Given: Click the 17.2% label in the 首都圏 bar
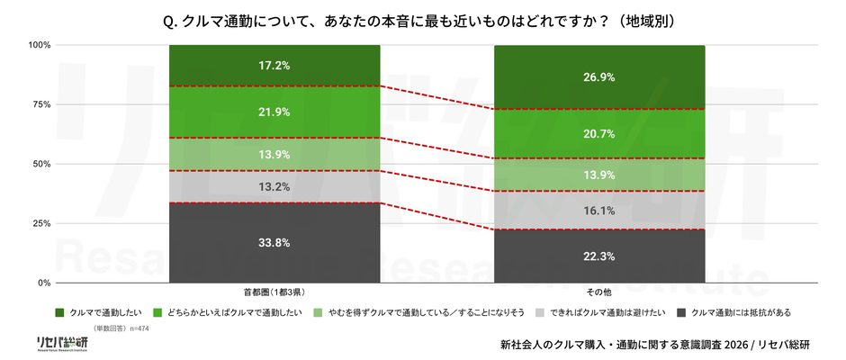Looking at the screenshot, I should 274,66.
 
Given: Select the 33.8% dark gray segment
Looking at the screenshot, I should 274,243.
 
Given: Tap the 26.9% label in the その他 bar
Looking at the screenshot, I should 599,77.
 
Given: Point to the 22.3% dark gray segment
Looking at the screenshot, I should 599,256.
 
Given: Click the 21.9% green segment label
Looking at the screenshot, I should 274,112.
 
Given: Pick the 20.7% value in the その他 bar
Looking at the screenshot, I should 599,133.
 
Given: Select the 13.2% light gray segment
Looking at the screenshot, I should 274,187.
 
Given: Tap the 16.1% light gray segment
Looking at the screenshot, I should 599,211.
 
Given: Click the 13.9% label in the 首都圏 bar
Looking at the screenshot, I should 274,155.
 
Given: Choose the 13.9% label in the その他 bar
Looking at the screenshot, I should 599,175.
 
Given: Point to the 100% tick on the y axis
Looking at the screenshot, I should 39,45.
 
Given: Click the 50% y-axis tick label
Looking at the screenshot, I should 41,164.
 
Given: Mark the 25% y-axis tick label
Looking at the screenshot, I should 41,223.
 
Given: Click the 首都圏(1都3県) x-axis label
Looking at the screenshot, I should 274,292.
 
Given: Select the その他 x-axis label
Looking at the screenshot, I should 599,292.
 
